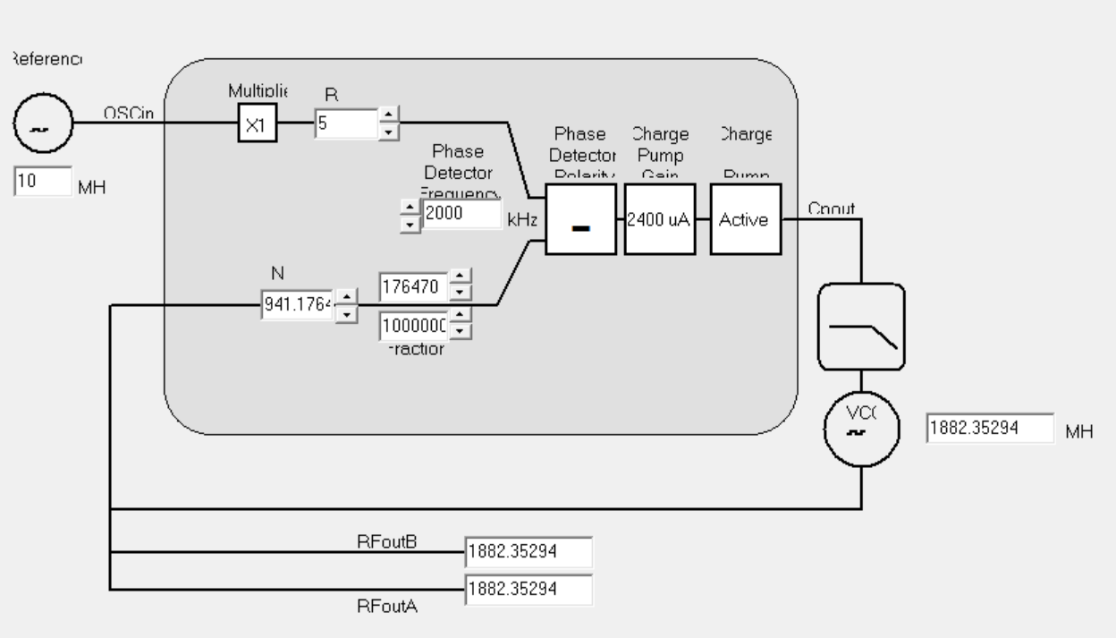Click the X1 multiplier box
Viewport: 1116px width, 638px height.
click(257, 125)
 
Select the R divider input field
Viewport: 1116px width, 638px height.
click(346, 123)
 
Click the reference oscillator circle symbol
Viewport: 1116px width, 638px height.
click(43, 125)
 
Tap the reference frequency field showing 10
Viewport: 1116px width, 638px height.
click(42, 182)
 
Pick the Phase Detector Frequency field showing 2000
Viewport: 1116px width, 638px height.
click(461, 215)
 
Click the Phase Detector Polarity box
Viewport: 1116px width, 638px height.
click(580, 219)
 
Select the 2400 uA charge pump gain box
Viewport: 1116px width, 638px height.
click(660, 219)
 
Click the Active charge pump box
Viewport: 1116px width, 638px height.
click(745, 219)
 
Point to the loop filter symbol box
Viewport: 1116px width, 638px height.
click(862, 327)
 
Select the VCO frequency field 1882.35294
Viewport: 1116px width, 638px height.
click(990, 428)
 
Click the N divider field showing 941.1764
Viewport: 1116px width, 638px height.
click(297, 304)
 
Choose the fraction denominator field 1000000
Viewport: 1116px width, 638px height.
click(413, 327)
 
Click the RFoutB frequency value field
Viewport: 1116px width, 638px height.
click(528, 552)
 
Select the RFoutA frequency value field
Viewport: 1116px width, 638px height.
click(528, 589)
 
